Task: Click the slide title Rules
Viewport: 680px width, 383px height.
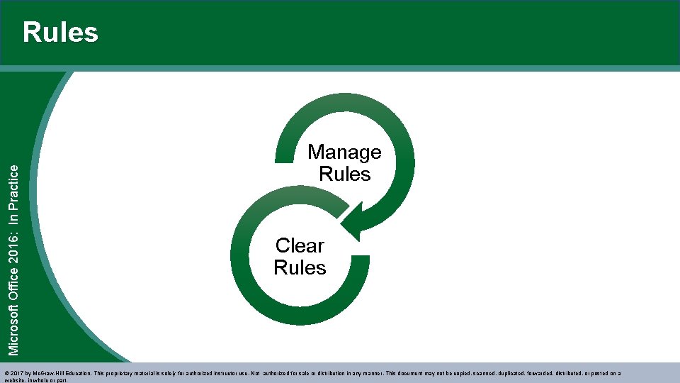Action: [60, 33]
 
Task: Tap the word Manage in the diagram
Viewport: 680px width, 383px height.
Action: [344, 152]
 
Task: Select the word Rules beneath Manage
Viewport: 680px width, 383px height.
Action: [345, 174]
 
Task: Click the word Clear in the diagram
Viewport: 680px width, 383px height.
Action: [300, 245]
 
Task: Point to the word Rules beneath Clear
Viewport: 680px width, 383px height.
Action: [300, 267]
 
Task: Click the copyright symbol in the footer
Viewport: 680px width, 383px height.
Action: [7, 372]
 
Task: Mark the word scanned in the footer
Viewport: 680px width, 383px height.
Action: [469, 372]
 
